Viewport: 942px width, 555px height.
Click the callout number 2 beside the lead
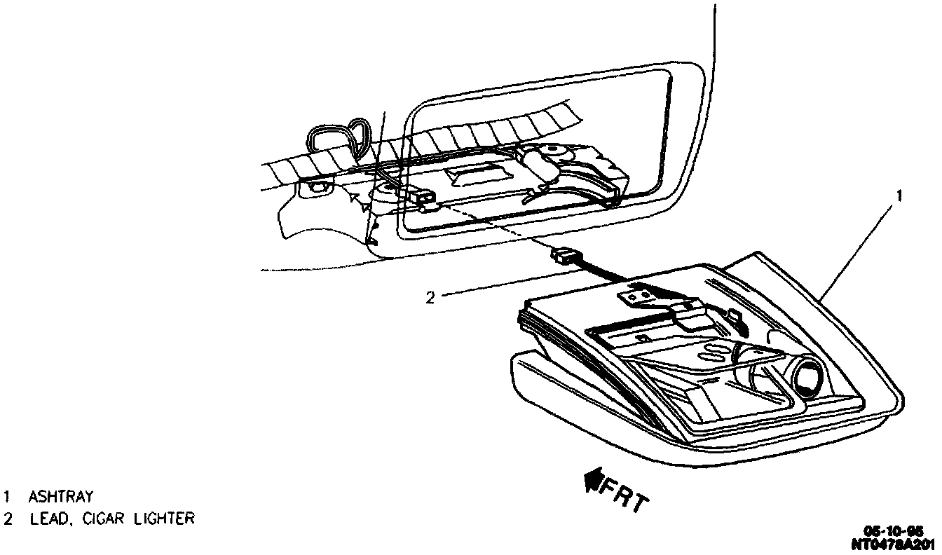point(430,297)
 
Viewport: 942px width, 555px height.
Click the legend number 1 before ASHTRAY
point(6,497)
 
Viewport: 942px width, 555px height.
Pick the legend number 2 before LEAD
point(7,519)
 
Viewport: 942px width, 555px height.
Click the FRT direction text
point(626,494)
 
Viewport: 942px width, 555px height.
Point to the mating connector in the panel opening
point(425,199)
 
